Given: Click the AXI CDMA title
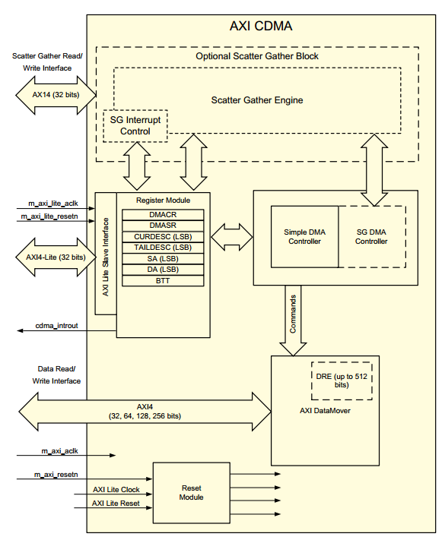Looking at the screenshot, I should click(x=261, y=26).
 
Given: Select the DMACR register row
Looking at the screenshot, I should click(x=164, y=215).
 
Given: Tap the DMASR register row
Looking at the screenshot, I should click(x=164, y=226).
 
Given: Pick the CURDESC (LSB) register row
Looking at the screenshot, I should click(x=164, y=237).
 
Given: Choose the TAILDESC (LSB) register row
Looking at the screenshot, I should click(x=164, y=248).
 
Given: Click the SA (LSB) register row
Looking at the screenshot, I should click(x=164, y=259).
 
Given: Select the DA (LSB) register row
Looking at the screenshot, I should click(x=164, y=270).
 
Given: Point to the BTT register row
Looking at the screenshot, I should click(x=164, y=281).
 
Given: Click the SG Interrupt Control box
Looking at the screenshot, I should click(x=135, y=126).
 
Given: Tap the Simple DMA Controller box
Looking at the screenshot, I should click(x=304, y=236).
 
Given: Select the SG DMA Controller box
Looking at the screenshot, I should click(x=372, y=236).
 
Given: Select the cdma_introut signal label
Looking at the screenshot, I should click(x=57, y=326).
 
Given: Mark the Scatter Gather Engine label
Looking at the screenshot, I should click(x=257, y=99).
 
